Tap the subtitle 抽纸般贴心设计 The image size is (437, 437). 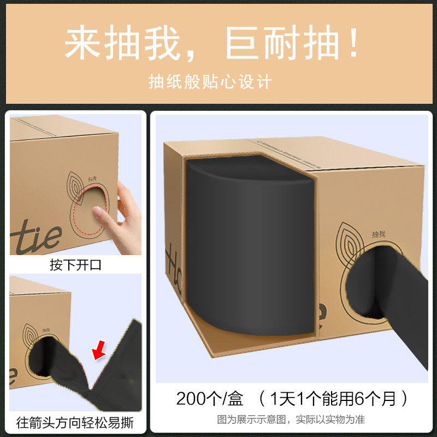click(x=210, y=82)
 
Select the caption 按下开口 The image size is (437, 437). click(x=75, y=265)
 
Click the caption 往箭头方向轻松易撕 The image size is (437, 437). click(x=75, y=422)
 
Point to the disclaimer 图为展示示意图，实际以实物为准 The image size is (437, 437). click(x=291, y=420)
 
